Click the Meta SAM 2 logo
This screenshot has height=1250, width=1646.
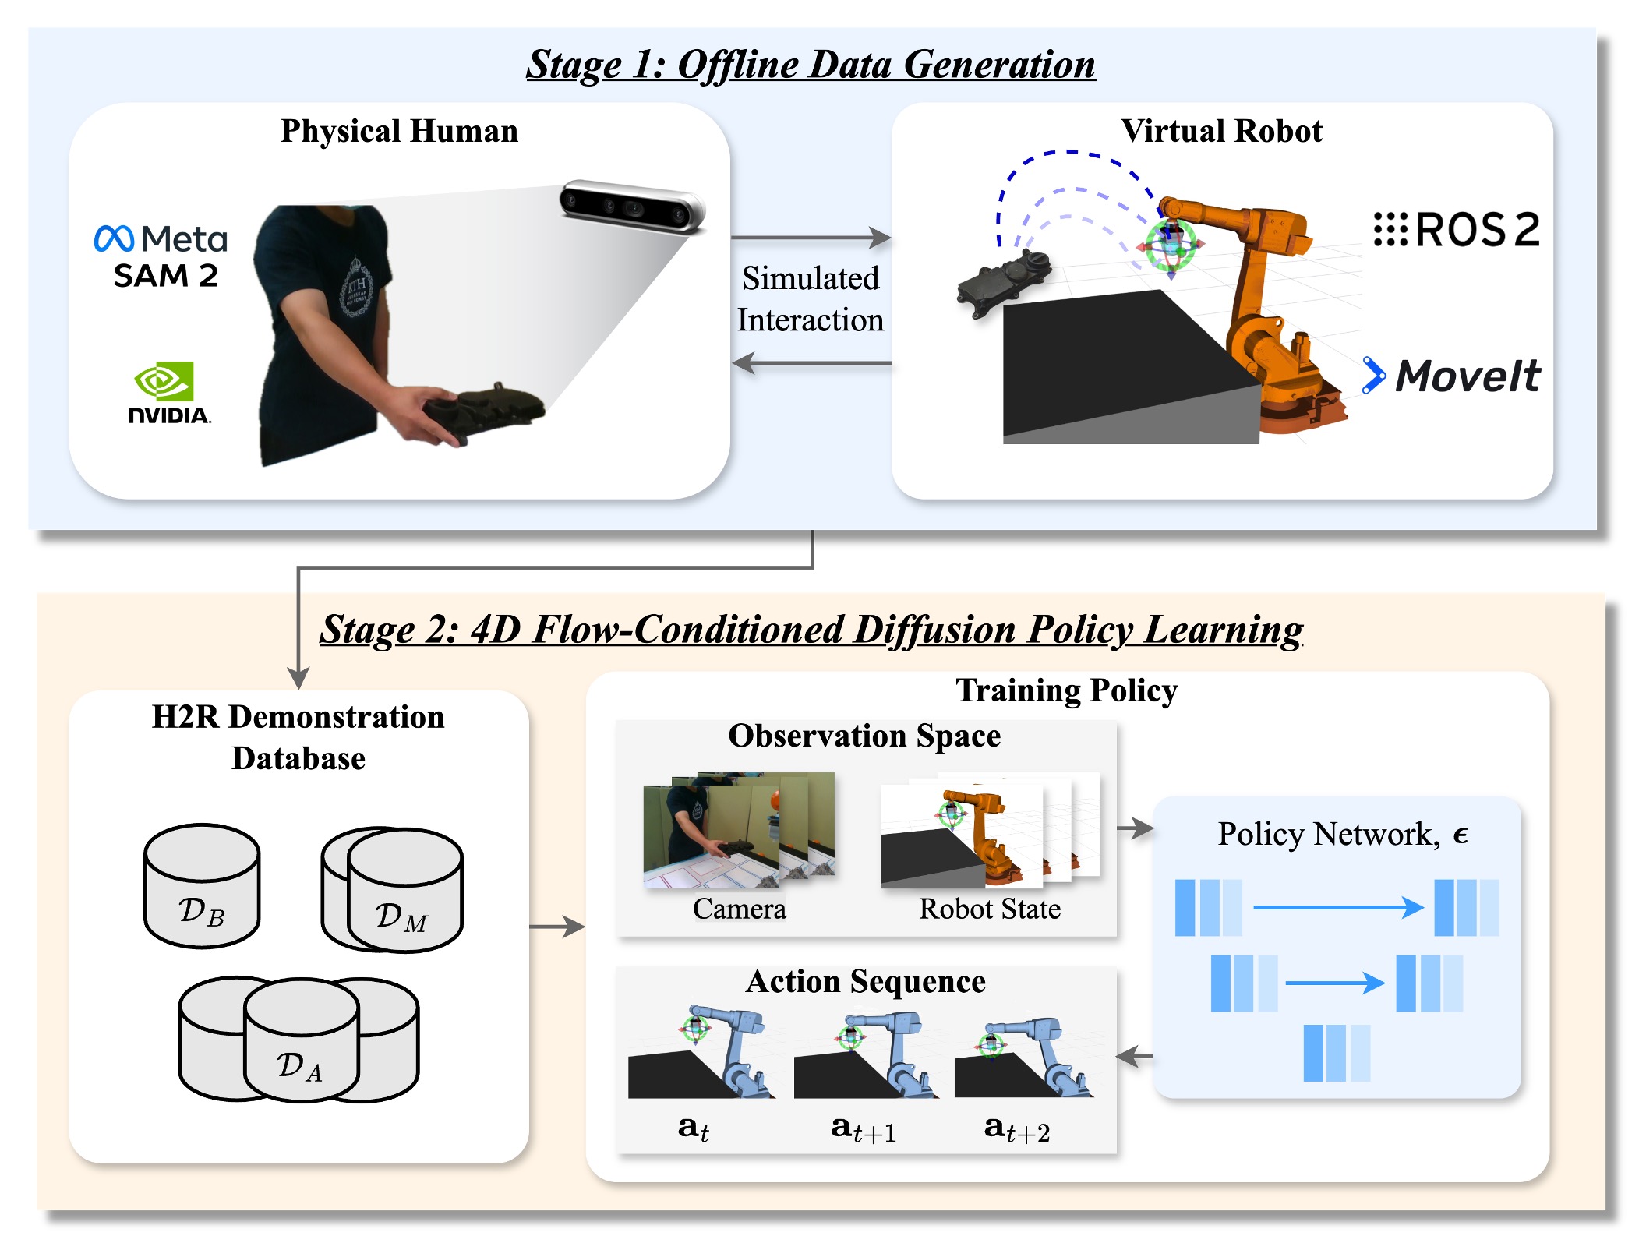pyautogui.click(x=161, y=256)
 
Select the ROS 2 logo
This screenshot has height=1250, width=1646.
pyautogui.click(x=1456, y=230)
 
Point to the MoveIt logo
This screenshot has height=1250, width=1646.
pyautogui.click(x=1452, y=376)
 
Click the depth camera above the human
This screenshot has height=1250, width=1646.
pyautogui.click(x=632, y=207)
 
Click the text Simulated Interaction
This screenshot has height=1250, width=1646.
pyautogui.click(x=811, y=299)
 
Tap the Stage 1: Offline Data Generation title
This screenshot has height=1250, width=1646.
pyautogui.click(x=811, y=64)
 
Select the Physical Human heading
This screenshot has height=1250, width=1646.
pyautogui.click(x=399, y=131)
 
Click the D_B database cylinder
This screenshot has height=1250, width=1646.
pyautogui.click(x=202, y=886)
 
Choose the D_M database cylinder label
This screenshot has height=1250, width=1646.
pyautogui.click(x=401, y=917)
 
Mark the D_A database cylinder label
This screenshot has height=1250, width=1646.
pyautogui.click(x=299, y=1066)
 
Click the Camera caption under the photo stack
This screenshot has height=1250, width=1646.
pyautogui.click(x=739, y=909)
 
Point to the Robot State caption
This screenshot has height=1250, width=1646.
pyautogui.click(x=990, y=909)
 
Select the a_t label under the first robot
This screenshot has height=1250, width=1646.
pyautogui.click(x=693, y=1128)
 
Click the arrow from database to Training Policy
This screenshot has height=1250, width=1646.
pyautogui.click(x=556, y=927)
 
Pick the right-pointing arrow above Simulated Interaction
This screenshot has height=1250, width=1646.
pyautogui.click(x=811, y=237)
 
